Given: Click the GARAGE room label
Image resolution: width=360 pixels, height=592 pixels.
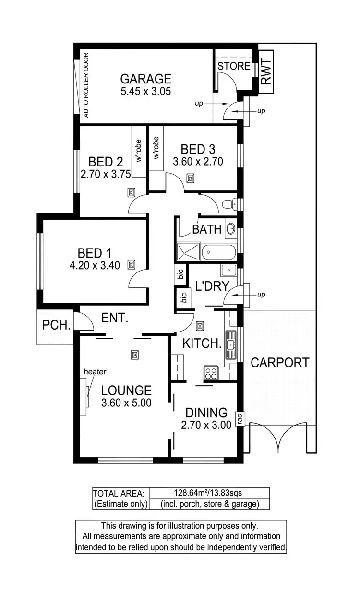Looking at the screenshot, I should tap(145, 78).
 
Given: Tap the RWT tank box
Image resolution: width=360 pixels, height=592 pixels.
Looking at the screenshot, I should tap(266, 71).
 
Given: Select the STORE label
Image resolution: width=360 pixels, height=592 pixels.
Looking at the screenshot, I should tap(234, 66).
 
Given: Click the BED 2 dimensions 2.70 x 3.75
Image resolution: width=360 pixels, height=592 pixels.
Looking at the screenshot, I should tap(106, 175).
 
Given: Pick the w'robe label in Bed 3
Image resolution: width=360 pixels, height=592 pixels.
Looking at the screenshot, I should tap(156, 148).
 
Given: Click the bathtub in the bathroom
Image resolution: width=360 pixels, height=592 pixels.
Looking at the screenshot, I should tap(219, 251).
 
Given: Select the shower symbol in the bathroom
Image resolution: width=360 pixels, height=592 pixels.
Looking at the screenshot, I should tap(188, 252).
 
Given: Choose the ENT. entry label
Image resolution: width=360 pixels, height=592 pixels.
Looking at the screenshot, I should tap(115, 318).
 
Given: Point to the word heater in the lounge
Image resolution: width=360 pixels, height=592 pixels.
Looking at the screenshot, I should tap(95, 371).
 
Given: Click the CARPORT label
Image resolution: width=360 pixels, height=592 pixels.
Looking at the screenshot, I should tap(280, 362).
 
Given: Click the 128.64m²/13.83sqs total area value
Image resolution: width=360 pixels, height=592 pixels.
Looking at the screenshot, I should tap(209, 493).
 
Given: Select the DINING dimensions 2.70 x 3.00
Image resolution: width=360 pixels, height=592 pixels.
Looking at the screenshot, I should tap(206, 425).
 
